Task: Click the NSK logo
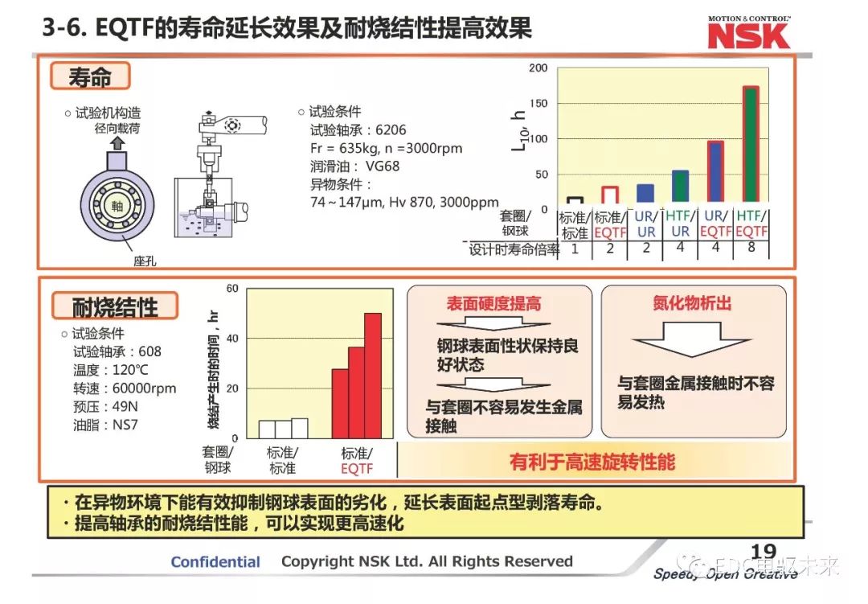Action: pyautogui.click(x=748, y=35)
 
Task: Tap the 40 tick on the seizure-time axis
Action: pyautogui.click(x=233, y=339)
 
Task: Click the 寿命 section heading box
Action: pyautogui.click(x=90, y=76)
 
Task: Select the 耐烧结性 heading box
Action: pyautogui.click(x=115, y=306)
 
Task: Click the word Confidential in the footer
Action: pyautogui.click(x=215, y=562)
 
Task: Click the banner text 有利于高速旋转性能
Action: pyautogui.click(x=592, y=462)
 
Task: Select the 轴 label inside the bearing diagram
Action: pyautogui.click(x=117, y=207)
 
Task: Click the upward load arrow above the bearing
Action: pyautogui.click(x=117, y=144)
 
